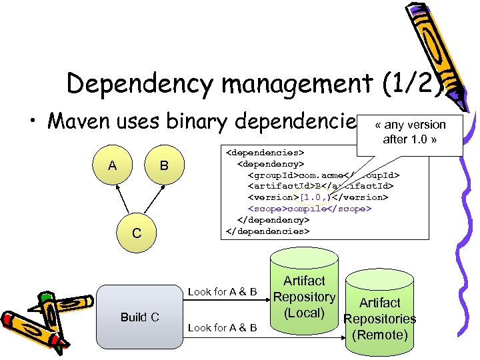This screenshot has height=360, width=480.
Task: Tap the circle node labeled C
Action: coord(137,233)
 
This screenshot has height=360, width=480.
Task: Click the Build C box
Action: coord(139,317)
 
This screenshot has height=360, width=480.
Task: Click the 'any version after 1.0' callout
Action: coord(410,132)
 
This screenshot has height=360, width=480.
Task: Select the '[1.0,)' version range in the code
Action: coord(315,197)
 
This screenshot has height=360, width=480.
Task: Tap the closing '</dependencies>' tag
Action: coord(268,231)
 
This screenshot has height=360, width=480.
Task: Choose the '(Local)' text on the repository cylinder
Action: coord(304,313)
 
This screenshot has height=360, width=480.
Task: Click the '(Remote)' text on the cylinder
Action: coord(379,334)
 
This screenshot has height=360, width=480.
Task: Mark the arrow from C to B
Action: coord(151,201)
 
